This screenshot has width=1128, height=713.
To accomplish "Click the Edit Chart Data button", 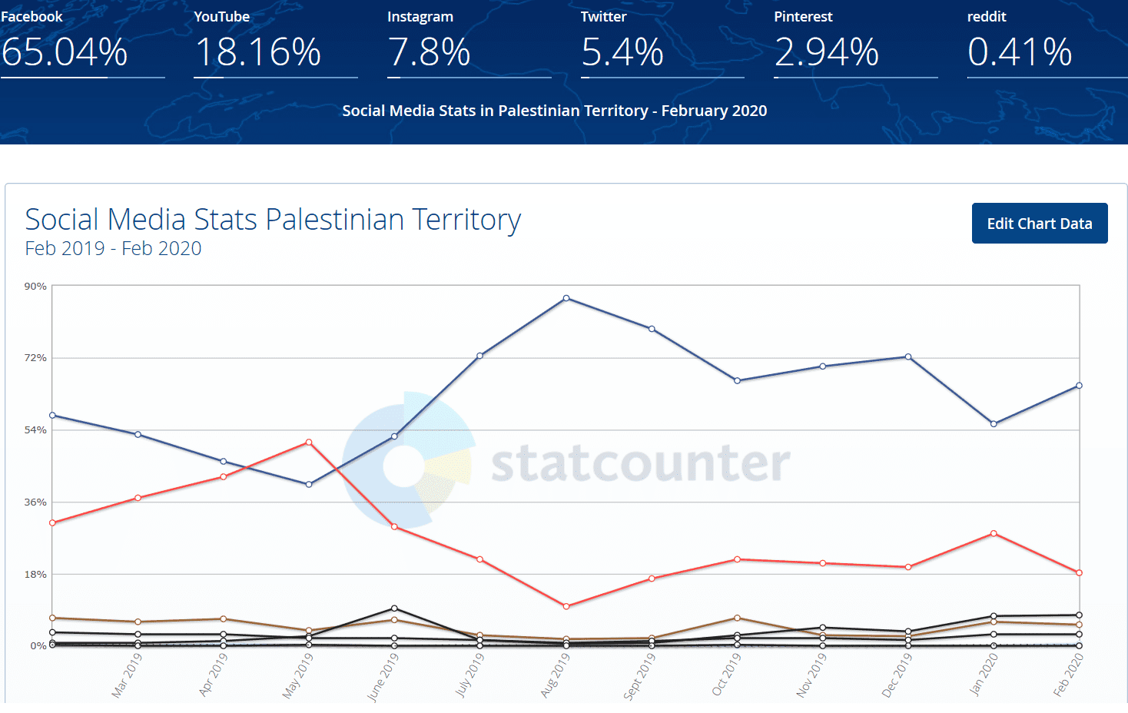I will coord(1039,224).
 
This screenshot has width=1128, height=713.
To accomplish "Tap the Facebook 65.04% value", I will coord(65,52).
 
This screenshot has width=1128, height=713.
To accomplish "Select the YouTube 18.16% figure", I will coord(257,52).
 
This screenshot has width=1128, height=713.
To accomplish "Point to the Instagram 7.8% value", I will coord(429,52).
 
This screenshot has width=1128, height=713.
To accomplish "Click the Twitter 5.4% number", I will coord(622,52).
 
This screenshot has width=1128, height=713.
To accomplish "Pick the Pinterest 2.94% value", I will coord(826,52).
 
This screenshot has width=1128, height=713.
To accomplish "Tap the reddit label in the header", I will coord(987,17).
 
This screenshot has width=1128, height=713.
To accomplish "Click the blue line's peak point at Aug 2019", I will coord(566,298).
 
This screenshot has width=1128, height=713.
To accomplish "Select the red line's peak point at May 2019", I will coord(309,443).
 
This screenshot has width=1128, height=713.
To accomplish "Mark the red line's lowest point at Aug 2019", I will coord(566,606).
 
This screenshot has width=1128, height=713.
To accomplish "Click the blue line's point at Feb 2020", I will coord(1079,386).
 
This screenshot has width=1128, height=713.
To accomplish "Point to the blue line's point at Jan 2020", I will coord(994,424).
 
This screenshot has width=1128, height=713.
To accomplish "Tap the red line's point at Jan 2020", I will coord(994,533).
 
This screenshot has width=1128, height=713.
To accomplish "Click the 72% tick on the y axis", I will coord(35,358).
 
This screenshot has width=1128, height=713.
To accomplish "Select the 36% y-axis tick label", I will coord(35,502).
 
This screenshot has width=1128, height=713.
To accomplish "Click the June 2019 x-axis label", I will coord(383,677).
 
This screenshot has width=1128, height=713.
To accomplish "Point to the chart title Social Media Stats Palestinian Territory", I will coord(273,220).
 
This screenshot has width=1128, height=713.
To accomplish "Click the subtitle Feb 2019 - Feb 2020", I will coord(113,249).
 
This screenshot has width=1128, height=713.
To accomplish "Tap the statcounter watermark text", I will coord(640,463).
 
